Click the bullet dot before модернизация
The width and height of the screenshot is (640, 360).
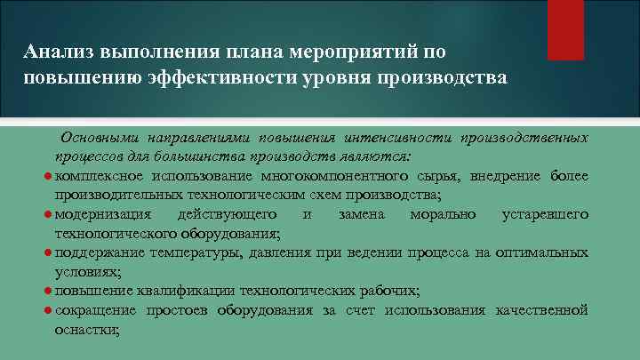tap(46, 214)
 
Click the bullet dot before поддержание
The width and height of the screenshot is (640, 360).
tap(46, 252)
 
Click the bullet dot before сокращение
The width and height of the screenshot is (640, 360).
tap(46, 310)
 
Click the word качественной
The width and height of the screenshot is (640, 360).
tap(540, 310)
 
